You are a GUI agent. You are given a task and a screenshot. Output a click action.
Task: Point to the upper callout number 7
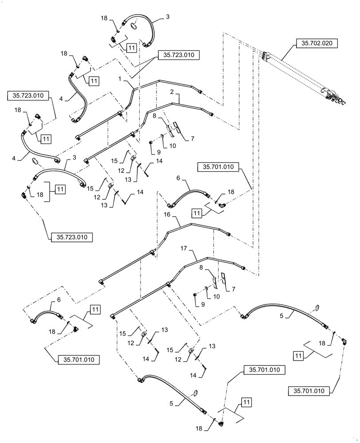tap(192, 139)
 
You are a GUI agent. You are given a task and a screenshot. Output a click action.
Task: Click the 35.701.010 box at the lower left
tap(78, 359)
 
